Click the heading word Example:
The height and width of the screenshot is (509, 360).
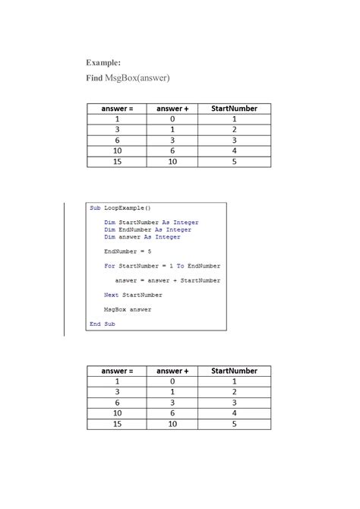pyautogui.click(x=103, y=62)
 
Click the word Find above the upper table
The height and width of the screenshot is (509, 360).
pyautogui.click(x=94, y=78)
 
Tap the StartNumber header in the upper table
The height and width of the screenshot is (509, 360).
pyautogui.click(x=234, y=109)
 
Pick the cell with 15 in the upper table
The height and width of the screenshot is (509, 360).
pyautogui.click(x=117, y=162)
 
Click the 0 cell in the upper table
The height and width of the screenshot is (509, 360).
pyautogui.click(x=172, y=119)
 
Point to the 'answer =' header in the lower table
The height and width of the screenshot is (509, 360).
pyautogui.click(x=117, y=371)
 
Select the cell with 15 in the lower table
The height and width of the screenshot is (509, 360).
pyautogui.click(x=117, y=424)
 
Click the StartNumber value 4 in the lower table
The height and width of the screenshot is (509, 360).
pyautogui.click(x=234, y=413)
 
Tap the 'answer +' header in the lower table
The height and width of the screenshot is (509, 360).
pyautogui.click(x=172, y=371)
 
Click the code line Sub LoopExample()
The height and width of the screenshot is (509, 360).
pyautogui.click(x=120, y=207)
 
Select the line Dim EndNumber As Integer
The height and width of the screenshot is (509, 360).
pyautogui.click(x=147, y=229)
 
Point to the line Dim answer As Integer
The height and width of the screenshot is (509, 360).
pyautogui.click(x=142, y=237)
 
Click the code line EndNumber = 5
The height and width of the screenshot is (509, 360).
pyautogui.click(x=128, y=251)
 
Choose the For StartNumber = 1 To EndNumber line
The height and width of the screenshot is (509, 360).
pyautogui.click(x=162, y=266)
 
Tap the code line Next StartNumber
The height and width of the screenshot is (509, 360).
pyautogui.click(x=133, y=295)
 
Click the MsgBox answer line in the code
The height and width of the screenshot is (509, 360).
pyautogui.click(x=128, y=309)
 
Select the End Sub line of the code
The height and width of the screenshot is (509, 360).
pyautogui.click(x=102, y=324)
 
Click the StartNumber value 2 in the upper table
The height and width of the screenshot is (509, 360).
pyautogui.click(x=234, y=130)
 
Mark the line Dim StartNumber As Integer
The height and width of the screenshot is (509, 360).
pyautogui.click(x=151, y=223)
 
